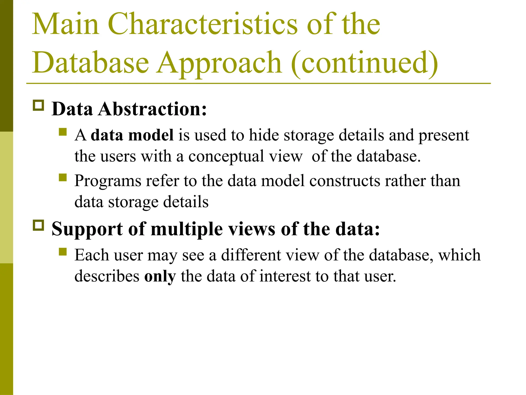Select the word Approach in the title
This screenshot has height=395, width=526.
click(220, 63)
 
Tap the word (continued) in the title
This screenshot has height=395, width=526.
click(365, 63)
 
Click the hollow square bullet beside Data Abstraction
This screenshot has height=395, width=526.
click(39, 105)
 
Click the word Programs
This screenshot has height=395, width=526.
click(108, 181)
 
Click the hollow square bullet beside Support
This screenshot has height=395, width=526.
click(39, 225)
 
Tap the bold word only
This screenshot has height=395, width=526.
click(160, 276)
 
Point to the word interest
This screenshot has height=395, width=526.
click(285, 276)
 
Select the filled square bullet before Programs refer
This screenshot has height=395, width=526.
click(63, 177)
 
